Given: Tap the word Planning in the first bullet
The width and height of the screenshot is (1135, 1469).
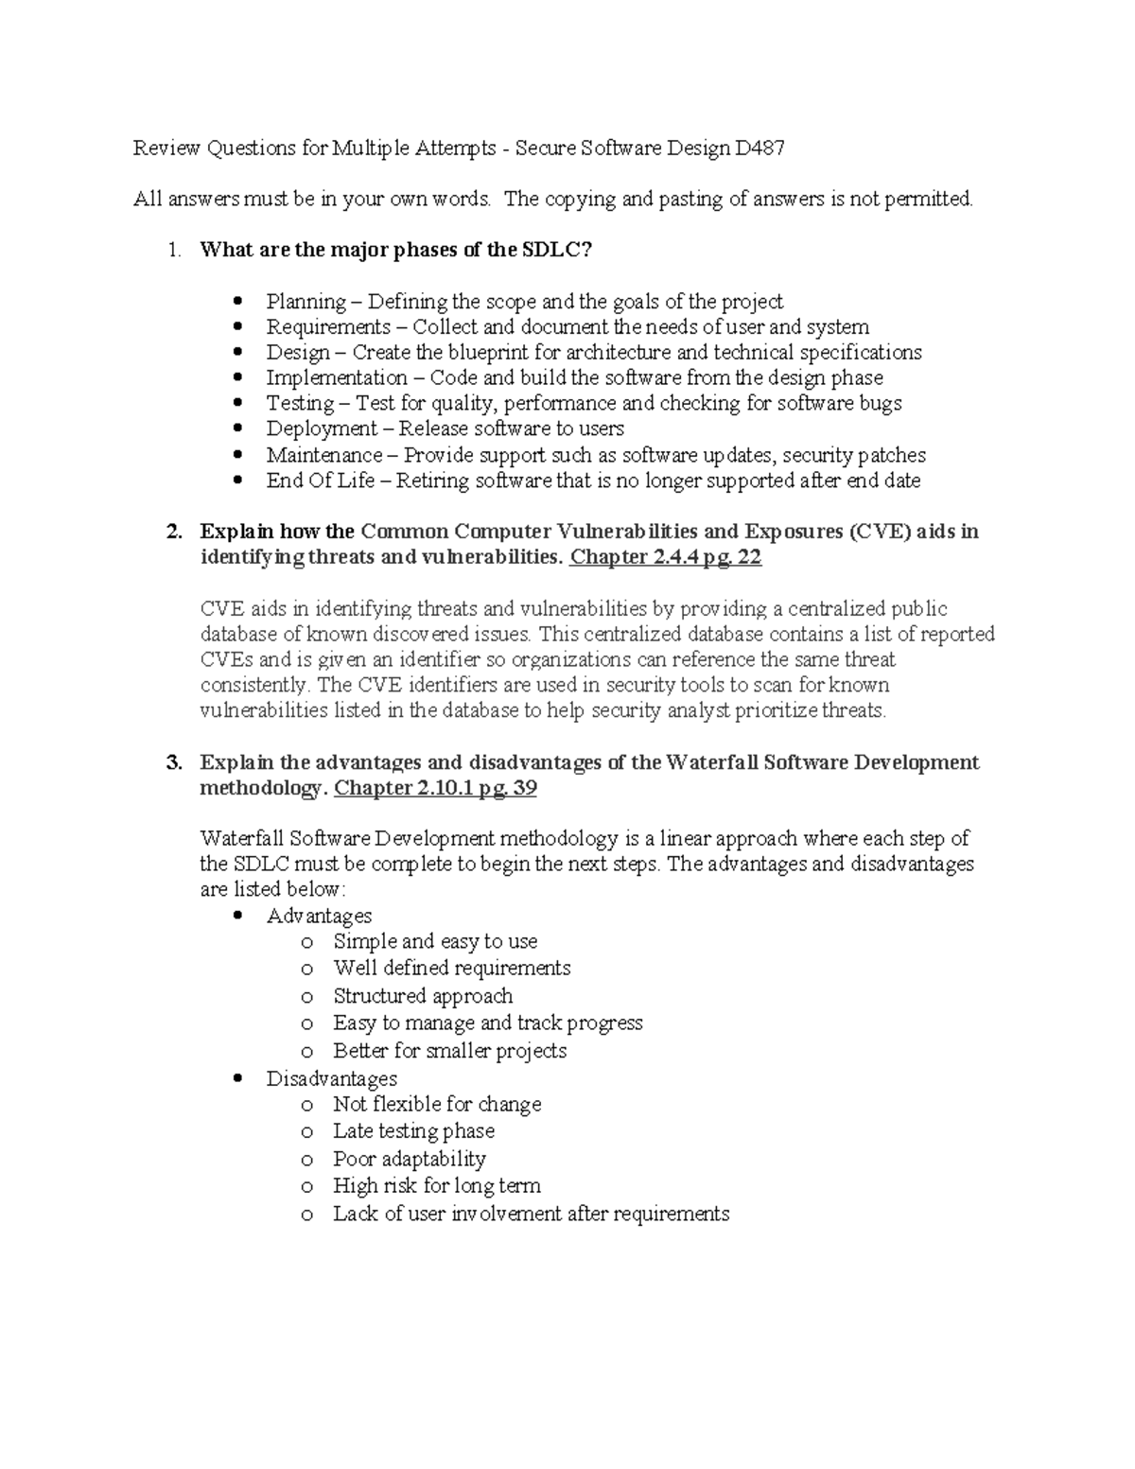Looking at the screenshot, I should (306, 302).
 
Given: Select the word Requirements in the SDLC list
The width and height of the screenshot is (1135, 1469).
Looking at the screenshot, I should (328, 327).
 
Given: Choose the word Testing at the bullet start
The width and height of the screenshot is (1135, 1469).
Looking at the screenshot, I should (300, 404).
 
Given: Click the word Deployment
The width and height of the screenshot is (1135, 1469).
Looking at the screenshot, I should (322, 429).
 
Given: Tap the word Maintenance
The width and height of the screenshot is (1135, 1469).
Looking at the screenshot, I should (324, 455).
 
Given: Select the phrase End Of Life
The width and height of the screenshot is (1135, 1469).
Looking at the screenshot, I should (320, 481).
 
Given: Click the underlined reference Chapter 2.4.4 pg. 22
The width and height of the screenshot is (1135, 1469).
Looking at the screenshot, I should (665, 557).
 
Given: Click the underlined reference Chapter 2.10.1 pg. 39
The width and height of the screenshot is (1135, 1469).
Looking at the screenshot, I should (436, 788).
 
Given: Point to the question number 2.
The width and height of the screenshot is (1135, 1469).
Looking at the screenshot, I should (173, 532).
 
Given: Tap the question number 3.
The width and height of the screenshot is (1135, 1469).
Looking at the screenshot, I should (173, 762).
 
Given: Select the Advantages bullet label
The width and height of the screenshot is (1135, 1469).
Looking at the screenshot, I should (319, 916).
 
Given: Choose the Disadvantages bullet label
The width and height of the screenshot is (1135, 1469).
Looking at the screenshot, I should (331, 1078).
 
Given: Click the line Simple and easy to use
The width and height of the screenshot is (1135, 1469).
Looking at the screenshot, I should (435, 941).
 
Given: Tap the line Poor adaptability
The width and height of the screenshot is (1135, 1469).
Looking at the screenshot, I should (409, 1159).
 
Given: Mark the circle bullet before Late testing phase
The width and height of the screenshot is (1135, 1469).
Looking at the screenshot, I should (306, 1132).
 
